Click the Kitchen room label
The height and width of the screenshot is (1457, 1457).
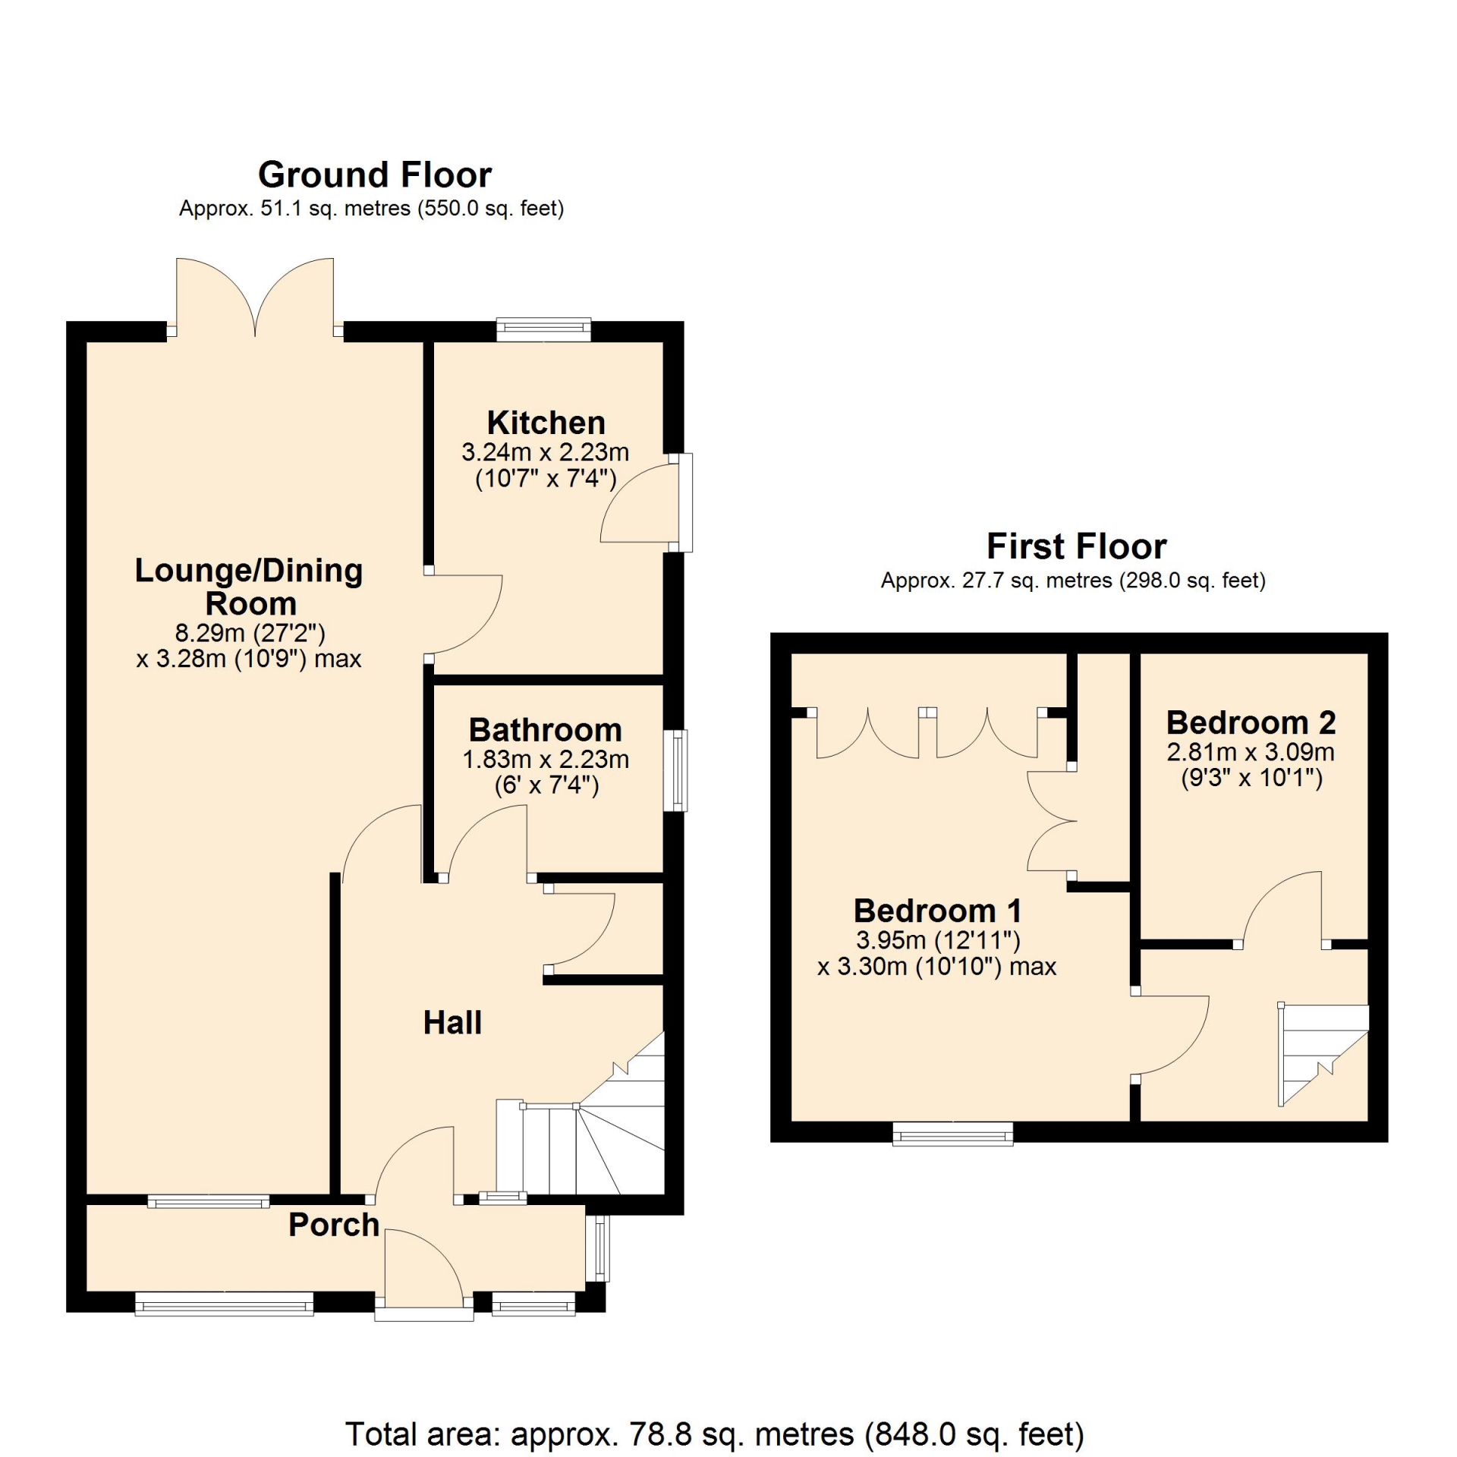pyautogui.click(x=546, y=423)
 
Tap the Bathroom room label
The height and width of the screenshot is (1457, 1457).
pyautogui.click(x=546, y=730)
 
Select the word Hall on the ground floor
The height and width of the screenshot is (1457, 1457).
pyautogui.click(x=452, y=1022)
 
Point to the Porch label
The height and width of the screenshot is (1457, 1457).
pyautogui.click(x=334, y=1225)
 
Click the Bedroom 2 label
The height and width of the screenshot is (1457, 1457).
pyautogui.click(x=1251, y=722)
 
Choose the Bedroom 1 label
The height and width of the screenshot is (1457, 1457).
pyautogui.click(x=937, y=911)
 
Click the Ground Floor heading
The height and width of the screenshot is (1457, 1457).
pyautogui.click(x=375, y=175)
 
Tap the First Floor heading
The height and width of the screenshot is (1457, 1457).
pyautogui.click(x=1076, y=546)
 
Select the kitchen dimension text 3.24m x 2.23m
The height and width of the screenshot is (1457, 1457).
pyautogui.click(x=546, y=452)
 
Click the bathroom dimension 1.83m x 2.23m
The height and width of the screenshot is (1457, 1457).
pyautogui.click(x=546, y=759)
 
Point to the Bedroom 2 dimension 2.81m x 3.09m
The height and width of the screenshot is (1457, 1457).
pyautogui.click(x=1251, y=752)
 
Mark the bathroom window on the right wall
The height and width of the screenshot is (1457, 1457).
pyautogui.click(x=675, y=770)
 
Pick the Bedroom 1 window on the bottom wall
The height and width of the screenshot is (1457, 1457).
pyautogui.click(x=953, y=1133)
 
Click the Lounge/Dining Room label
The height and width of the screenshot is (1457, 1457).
pyautogui.click(x=249, y=587)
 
